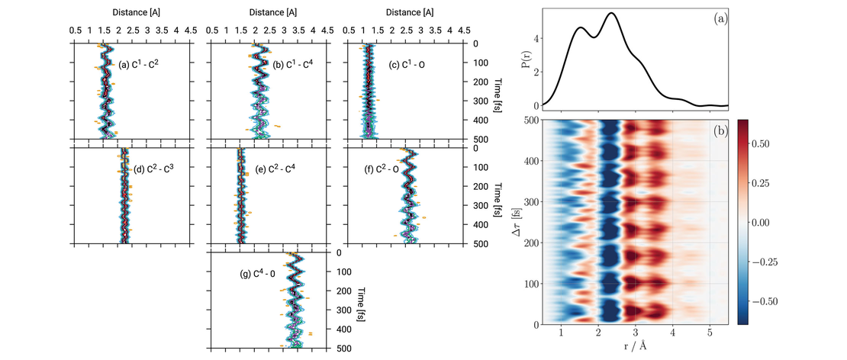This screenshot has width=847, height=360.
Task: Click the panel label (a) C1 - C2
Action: pyautogui.click(x=138, y=64)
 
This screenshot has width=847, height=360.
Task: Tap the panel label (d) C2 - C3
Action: pyautogui.click(x=154, y=169)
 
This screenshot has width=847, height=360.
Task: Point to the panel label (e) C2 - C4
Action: pyautogui.click(x=275, y=169)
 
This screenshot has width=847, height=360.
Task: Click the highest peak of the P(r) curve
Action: pyautogui.click(x=612, y=13)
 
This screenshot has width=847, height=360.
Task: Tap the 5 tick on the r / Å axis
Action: pyautogui.click(x=710, y=333)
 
